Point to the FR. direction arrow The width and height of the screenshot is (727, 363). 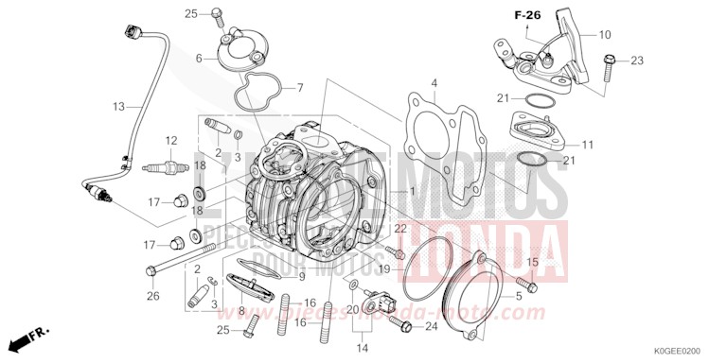(x=28, y=337)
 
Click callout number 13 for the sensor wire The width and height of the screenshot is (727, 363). (x=119, y=107)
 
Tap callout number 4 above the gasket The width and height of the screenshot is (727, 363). (x=434, y=83)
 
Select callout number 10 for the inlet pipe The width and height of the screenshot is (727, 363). (x=605, y=34)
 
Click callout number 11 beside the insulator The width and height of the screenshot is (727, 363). (x=586, y=145)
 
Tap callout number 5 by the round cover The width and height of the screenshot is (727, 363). (x=518, y=295)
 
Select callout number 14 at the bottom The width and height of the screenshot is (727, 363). (x=361, y=349)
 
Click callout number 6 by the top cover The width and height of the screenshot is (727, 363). (x=200, y=59)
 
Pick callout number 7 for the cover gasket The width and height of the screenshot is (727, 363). (x=299, y=88)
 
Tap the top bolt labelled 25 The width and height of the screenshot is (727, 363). (x=217, y=14)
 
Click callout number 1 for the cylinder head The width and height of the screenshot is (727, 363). (x=413, y=190)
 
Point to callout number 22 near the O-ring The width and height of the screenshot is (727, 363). (x=400, y=228)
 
